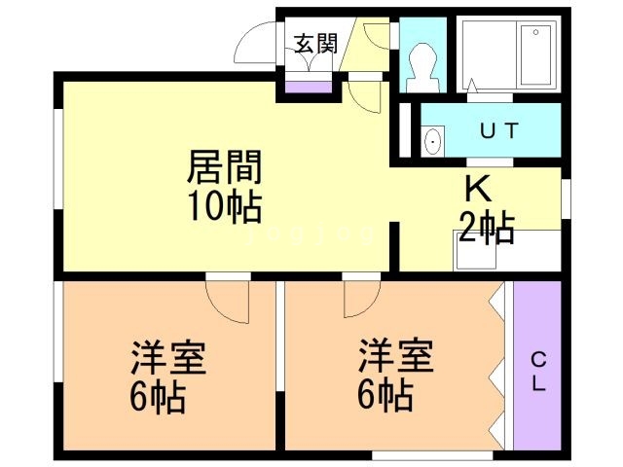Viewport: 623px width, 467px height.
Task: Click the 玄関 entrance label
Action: pos(315,43)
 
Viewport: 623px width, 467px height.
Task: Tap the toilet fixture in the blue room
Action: pos(422,67)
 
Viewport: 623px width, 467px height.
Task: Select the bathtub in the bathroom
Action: pos(536,54)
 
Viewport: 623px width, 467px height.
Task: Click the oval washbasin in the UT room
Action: pos(432,141)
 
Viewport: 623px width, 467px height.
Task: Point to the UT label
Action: pos(499,130)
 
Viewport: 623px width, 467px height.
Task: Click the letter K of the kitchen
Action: pos(478,189)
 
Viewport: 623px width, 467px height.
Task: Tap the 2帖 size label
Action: pos(487,228)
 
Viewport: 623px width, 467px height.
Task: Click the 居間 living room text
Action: pos(224,167)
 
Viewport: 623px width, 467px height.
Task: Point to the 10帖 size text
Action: pos(225,206)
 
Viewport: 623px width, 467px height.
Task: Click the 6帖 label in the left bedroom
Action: pos(158,398)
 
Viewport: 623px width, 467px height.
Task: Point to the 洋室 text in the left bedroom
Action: pos(168,358)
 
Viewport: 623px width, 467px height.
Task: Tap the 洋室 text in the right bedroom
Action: pos(396,355)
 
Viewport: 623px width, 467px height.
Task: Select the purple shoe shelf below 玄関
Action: pos(309,87)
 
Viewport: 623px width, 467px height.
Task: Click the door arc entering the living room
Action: pos(364,97)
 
